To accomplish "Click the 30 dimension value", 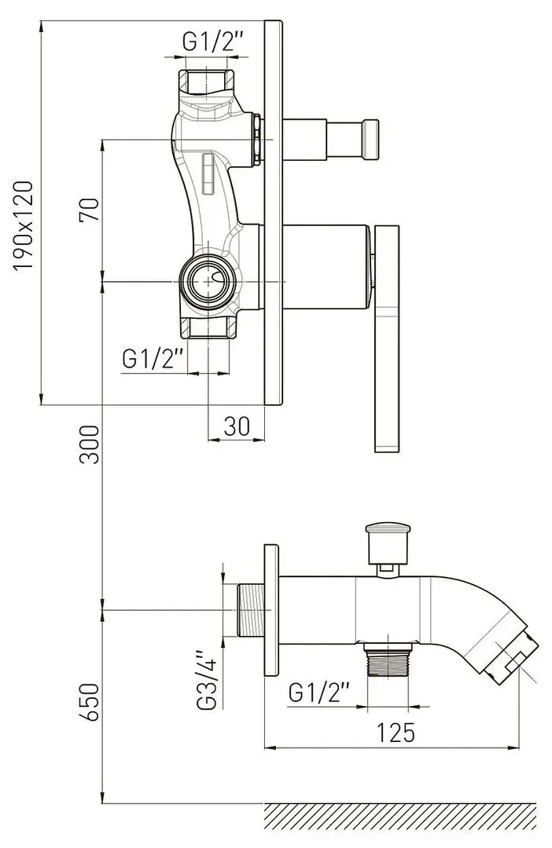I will pyautogui.click(x=236, y=426).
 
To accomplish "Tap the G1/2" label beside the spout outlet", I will pyautogui.click(x=320, y=693).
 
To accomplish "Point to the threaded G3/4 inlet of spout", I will pyautogui.click(x=250, y=610).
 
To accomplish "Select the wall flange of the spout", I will pyautogui.click(x=271, y=610).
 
